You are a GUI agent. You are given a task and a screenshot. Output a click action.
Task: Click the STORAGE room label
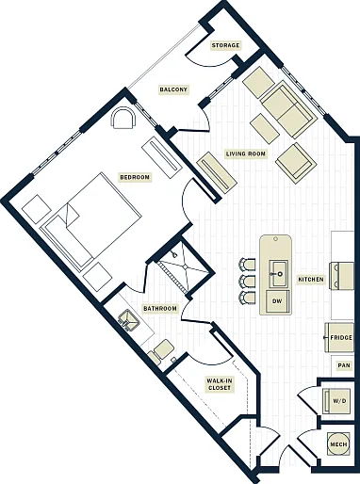tap(225, 45)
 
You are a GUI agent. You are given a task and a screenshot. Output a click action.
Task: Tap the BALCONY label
tap(173, 89)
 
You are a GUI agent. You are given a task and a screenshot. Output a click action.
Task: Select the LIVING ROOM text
tap(246, 153)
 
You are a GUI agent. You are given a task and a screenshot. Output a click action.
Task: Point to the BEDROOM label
tap(135, 177)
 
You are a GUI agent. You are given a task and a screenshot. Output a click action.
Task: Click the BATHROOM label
tap(160, 309)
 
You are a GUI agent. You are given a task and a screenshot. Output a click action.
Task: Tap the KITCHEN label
tap(311, 279)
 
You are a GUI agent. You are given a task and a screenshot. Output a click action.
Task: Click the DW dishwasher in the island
tap(277, 301)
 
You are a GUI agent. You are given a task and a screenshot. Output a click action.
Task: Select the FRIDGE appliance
tap(339, 337)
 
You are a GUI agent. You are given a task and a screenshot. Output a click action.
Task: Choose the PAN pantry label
tap(344, 365)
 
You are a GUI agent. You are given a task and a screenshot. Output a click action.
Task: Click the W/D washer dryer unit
tap(339, 401)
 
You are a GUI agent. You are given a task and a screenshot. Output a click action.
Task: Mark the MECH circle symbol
tap(338, 444)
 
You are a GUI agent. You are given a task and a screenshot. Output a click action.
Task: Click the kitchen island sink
tap(277, 273)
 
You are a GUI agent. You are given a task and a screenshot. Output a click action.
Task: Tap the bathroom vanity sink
tap(128, 320)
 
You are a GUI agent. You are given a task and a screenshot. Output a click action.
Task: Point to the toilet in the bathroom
tap(161, 351)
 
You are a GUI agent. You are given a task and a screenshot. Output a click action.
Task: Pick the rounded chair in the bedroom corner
tap(123, 119)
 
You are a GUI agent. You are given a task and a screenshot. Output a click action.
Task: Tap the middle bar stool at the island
tap(247, 282)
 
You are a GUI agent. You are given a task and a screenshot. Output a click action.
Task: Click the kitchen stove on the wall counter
tap(341, 276)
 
